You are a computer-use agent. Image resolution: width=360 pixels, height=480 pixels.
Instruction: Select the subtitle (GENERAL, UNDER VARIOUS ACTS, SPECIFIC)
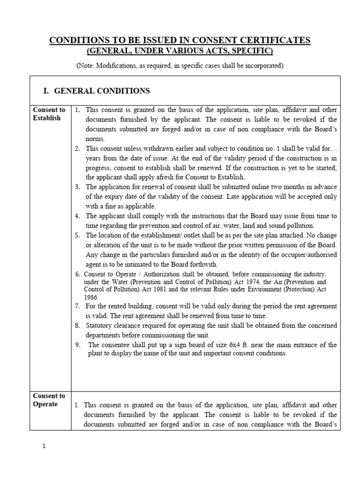pos(180,51)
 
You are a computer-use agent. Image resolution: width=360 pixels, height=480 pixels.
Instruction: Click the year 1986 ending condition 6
pos(91,297)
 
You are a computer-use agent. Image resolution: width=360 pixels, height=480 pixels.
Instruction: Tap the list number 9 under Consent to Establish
pos(78,345)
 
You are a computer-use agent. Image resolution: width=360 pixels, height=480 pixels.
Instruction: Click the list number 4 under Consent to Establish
pos(77,216)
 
